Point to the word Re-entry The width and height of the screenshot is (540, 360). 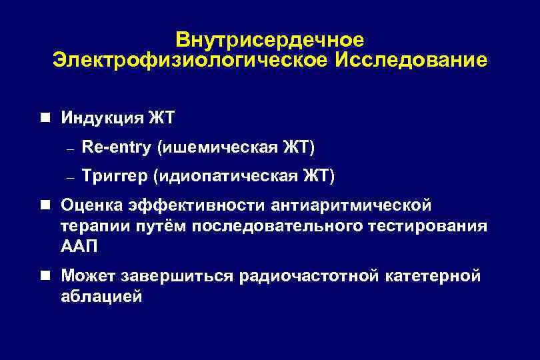click(115, 147)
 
